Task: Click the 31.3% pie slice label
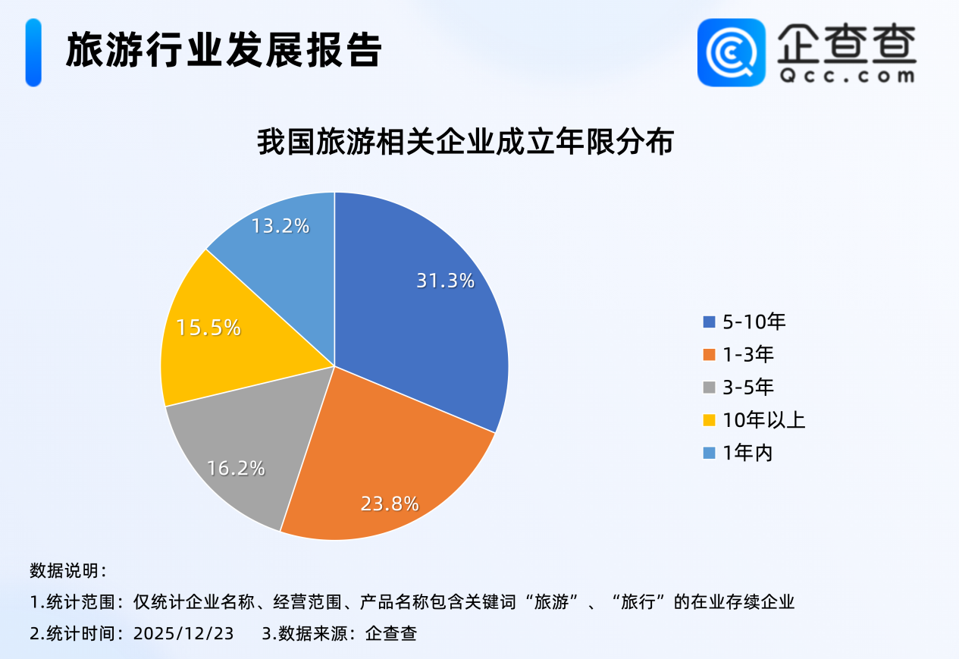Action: tap(445, 281)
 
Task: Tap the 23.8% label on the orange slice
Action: tap(390, 504)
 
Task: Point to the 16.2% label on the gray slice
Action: tap(235, 468)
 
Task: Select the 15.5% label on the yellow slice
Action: tap(208, 328)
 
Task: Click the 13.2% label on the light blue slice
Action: tap(280, 225)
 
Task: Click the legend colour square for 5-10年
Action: tap(709, 322)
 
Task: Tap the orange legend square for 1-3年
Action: tap(709, 355)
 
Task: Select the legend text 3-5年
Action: tap(748, 388)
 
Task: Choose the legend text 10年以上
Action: tap(763, 420)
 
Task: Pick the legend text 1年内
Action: tap(747, 453)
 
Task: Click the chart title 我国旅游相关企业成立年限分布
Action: tap(465, 143)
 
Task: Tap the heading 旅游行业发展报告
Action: tap(224, 51)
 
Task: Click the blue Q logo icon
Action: tap(731, 52)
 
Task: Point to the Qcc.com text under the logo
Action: tap(846, 76)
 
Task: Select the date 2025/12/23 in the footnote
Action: tap(183, 632)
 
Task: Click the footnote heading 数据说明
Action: tap(68, 570)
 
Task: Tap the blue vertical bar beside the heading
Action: tap(33, 52)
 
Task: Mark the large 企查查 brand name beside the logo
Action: tap(846, 42)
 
